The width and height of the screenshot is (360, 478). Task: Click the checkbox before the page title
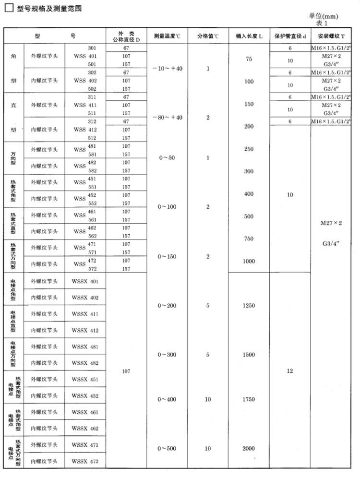click(9, 8)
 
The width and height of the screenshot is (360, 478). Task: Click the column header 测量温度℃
click(167, 36)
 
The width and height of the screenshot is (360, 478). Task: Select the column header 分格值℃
click(208, 36)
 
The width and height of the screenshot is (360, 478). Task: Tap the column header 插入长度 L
click(248, 36)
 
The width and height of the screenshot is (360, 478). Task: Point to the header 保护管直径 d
click(290, 36)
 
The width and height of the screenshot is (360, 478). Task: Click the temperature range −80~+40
click(167, 118)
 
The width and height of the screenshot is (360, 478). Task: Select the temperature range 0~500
click(167, 448)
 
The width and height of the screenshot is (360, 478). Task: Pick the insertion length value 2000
click(249, 448)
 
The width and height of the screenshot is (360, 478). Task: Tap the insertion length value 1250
click(249, 306)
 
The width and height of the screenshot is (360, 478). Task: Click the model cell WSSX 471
click(85, 445)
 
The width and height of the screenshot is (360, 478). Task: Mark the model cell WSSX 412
click(85, 330)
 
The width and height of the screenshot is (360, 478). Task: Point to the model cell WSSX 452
click(85, 395)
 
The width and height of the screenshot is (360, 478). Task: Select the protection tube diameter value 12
click(290, 371)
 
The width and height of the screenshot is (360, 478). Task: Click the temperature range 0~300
click(167, 355)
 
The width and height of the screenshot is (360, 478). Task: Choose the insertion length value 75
click(249, 59)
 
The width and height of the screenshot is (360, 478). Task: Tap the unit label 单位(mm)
click(323, 16)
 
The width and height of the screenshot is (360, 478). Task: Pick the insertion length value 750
click(249, 239)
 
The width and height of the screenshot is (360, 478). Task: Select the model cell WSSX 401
click(85, 281)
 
